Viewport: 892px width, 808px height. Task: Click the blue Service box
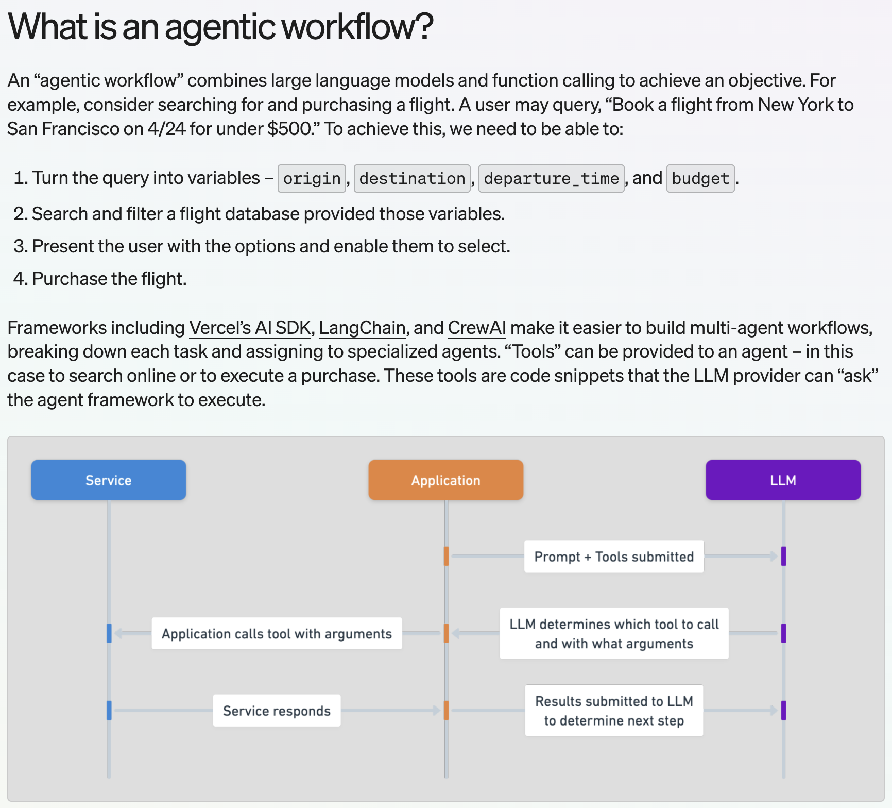109,480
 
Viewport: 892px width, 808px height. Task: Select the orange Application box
446,480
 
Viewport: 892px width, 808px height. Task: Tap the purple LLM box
783,480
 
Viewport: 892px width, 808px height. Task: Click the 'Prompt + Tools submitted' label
614,557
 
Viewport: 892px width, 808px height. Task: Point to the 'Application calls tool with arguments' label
277,633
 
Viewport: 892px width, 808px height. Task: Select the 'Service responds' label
277,711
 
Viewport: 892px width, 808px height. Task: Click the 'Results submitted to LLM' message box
614,711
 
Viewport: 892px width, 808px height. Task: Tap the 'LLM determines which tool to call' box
614,633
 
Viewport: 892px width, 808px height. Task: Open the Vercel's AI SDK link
250,328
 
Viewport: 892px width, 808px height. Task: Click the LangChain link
362,328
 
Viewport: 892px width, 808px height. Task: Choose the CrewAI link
477,328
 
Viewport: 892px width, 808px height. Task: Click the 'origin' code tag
312,178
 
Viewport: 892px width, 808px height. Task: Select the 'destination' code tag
412,178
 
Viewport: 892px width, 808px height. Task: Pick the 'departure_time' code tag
551,178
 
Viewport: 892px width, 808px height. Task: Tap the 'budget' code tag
700,178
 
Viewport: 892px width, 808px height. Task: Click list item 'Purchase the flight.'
100,279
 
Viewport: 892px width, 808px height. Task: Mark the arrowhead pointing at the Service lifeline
118,633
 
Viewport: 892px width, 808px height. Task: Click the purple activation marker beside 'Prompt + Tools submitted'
783,557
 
